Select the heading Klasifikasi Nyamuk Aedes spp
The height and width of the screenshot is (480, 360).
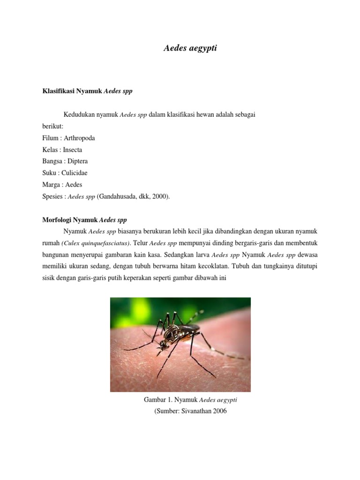coord(88,91)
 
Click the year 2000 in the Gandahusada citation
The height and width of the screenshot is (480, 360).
coord(159,197)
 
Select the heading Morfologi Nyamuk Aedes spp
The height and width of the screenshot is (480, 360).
coord(84,220)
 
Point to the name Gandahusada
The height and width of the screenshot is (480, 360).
coord(117,197)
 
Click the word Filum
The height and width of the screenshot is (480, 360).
coord(50,138)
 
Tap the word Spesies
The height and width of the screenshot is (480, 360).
coord(52,197)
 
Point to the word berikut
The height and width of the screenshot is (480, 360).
coord(53,126)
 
